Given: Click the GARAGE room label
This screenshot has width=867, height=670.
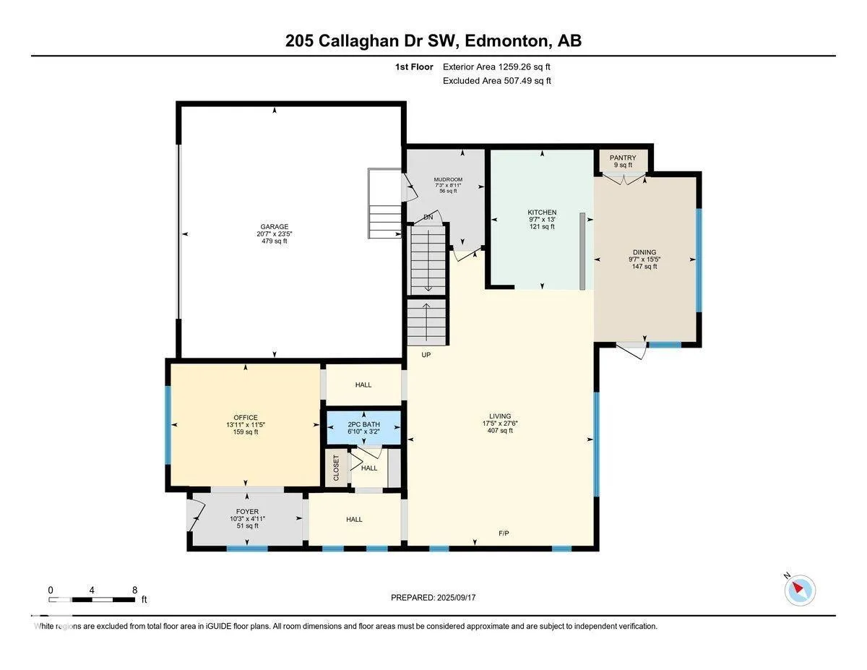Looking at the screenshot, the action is (274, 227).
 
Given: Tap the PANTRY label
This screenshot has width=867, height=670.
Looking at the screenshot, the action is (622, 158).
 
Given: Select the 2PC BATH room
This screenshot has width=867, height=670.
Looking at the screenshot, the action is (363, 427).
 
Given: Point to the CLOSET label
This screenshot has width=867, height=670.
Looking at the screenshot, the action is (336, 468).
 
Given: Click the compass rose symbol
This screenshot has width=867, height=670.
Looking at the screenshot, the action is (800, 590).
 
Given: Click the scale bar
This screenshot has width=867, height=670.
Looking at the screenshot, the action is (92, 600).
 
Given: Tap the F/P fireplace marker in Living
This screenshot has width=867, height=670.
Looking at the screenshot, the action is (504, 533).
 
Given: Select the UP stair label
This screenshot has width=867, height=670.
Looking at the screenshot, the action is (426, 355).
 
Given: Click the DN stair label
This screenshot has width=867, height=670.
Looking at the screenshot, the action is (428, 218).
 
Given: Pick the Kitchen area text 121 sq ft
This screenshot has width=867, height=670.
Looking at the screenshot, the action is (542, 227).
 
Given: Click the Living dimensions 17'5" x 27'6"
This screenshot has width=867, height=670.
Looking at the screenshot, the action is (500, 424).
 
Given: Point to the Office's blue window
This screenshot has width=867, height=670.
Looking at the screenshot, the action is (168, 425).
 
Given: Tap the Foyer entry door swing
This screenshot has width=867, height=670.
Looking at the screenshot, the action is (197, 516).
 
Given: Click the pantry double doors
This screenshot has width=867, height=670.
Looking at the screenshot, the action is (624, 179).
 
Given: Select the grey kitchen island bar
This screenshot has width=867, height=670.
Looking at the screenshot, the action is (582, 252).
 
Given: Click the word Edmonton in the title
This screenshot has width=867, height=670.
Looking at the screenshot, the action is (506, 40).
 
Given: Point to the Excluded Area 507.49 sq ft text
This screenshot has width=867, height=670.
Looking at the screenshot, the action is (497, 81).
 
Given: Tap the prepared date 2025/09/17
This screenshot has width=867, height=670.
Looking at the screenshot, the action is (456, 598).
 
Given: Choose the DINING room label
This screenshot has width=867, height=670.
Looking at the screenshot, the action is (644, 252).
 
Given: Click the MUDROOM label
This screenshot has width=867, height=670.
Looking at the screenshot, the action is (448, 179).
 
